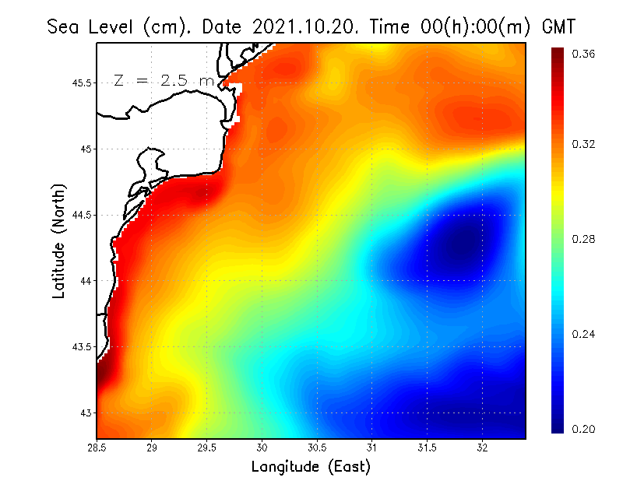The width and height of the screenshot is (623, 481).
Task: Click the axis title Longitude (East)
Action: point(310,467)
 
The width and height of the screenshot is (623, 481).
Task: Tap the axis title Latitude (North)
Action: point(58,241)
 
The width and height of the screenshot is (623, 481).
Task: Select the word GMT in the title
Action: point(558,26)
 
